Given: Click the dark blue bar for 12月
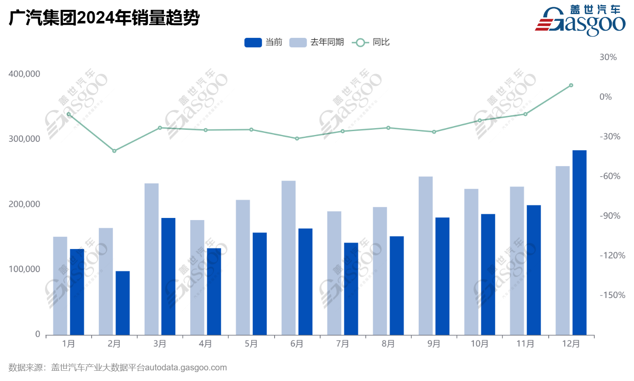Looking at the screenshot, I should (579, 242).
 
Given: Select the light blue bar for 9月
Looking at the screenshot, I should (426, 255).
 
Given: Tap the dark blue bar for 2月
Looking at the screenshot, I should (123, 303).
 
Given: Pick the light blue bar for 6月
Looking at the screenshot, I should (289, 258).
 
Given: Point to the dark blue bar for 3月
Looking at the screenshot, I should (168, 276).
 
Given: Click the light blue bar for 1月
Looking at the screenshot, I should (60, 285).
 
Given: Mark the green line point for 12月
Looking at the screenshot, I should (571, 86).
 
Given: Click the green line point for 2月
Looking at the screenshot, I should (114, 151).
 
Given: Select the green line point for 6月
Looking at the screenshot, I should (297, 138).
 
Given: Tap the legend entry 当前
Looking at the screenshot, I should (263, 42).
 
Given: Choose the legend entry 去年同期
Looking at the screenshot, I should (317, 42).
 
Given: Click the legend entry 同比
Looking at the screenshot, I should (371, 42).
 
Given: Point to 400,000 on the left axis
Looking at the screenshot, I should (24, 74).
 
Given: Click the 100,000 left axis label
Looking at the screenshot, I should (24, 269).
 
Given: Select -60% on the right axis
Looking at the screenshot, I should (610, 176).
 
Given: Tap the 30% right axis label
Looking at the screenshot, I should (608, 57).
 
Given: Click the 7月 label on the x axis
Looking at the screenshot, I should (342, 344).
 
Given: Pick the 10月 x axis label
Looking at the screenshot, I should (480, 344).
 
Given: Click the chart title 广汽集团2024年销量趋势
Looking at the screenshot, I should (104, 18).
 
